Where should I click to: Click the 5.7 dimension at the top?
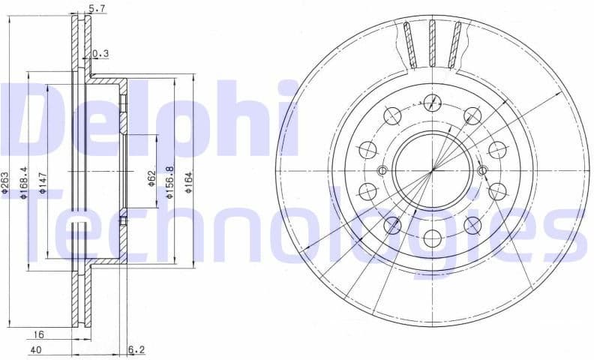(97, 10)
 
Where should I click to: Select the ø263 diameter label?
(6, 183)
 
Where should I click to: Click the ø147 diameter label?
(44, 181)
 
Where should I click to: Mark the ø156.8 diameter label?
(170, 182)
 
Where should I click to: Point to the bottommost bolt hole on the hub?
(431, 238)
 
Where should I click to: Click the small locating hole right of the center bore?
(482, 169)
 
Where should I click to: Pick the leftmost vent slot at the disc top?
(408, 43)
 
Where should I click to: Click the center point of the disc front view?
(431, 171)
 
